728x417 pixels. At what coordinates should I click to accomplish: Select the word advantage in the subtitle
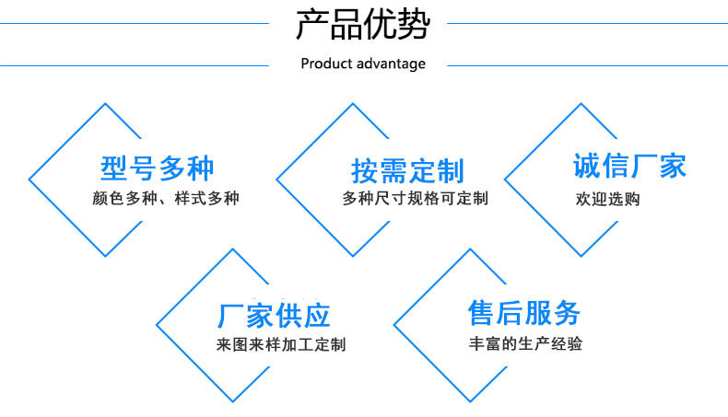point(391,64)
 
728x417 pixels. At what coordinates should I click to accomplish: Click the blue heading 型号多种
point(157,169)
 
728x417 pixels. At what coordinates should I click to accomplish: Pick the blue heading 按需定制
point(407,171)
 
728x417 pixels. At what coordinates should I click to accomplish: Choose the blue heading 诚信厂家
point(630,167)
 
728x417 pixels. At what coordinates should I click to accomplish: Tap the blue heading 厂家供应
point(274,316)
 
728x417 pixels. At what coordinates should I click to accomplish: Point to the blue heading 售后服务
point(524,313)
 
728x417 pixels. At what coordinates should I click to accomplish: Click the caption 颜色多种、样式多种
point(166,198)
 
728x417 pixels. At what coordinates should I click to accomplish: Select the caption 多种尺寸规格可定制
point(415,198)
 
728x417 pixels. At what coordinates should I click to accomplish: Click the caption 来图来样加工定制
point(281,345)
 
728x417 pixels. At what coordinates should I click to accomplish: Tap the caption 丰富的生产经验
point(525,344)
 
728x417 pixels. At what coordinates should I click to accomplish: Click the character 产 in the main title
point(311,25)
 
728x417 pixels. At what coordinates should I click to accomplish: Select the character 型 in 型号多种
point(114,169)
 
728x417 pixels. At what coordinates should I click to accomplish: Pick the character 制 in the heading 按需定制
point(450,171)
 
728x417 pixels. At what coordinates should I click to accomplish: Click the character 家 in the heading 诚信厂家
point(673,167)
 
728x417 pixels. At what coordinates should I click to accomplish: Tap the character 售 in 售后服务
point(482,313)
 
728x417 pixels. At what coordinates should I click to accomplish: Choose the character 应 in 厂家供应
point(316,316)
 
